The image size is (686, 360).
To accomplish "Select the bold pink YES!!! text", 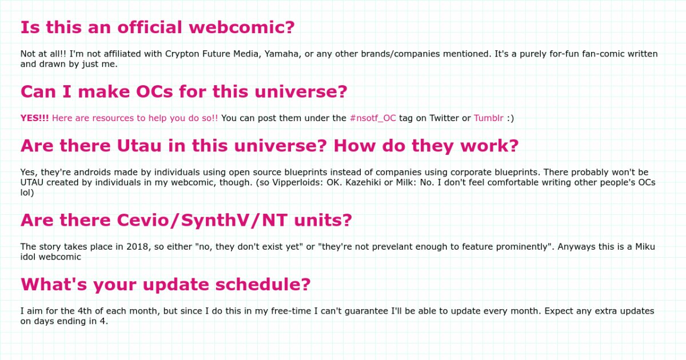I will (x=34, y=118).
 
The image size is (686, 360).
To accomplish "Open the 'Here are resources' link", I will (x=135, y=118).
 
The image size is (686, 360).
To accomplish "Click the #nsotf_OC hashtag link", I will (x=373, y=118).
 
